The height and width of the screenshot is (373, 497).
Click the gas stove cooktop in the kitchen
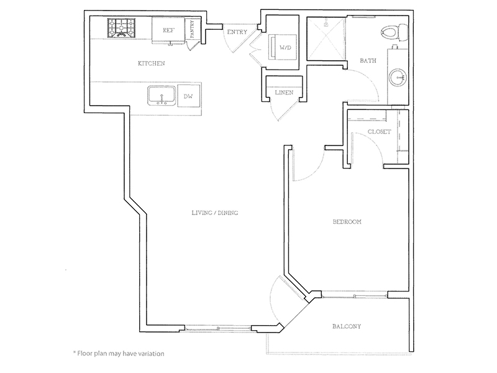point(121,28)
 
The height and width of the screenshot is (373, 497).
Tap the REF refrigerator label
point(168,30)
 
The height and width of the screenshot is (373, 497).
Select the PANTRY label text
point(193,29)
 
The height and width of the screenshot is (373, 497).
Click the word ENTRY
point(237,32)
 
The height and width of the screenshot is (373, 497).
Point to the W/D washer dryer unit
point(283,47)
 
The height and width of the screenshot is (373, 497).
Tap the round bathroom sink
point(398,77)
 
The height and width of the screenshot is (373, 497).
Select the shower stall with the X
point(326,39)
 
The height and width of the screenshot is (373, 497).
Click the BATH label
point(368,60)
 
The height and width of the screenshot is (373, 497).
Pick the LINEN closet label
point(284,93)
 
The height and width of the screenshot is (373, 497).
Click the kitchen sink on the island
point(162,96)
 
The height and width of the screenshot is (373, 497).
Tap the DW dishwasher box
point(189,96)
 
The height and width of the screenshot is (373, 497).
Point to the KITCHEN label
point(152,63)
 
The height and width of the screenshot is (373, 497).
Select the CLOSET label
point(380,131)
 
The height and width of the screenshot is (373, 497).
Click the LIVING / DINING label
point(215,213)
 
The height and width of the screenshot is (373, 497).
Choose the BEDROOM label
point(347,222)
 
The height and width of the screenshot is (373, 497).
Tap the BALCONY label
point(347,326)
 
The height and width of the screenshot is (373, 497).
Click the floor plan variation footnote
point(119,353)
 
